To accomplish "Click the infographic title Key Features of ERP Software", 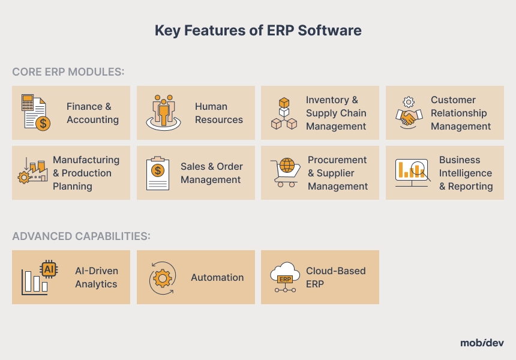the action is click(258, 31).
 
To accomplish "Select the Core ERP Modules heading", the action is click(68, 72).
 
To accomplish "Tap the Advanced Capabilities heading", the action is click(81, 236).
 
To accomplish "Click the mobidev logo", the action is click(482, 343).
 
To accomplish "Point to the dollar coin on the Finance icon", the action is click(43, 124).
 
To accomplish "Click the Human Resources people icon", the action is click(163, 113).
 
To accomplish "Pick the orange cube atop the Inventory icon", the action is click(284, 103).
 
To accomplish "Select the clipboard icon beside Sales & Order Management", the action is click(158, 173).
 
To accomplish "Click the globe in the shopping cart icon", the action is click(287, 165).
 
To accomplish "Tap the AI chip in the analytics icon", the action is click(49, 269).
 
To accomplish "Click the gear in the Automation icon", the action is click(162, 278).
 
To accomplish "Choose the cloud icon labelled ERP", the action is click(285, 277).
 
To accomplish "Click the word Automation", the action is click(217, 277).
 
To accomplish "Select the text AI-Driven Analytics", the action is click(97, 277).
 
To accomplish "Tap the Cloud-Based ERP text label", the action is click(335, 277).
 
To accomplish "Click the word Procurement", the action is click(337, 160).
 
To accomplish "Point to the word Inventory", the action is click(328, 100).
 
